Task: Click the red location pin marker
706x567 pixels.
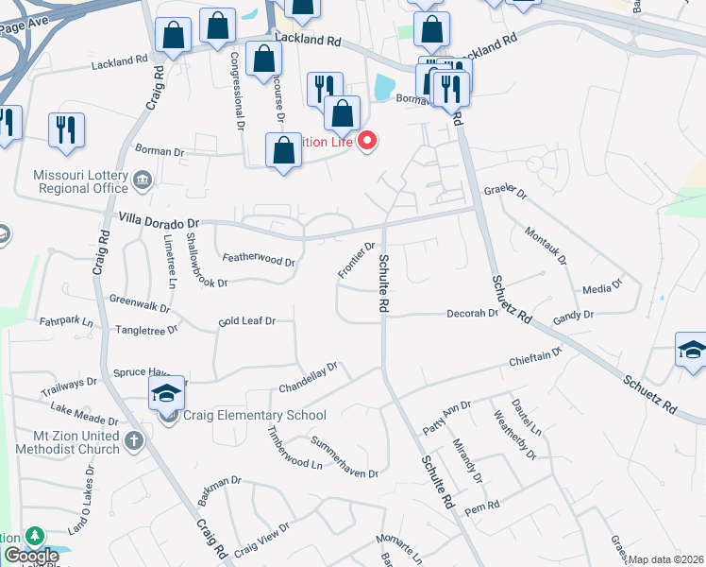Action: click(366, 142)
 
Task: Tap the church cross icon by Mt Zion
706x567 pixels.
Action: click(134, 440)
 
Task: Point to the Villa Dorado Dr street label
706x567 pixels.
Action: click(156, 219)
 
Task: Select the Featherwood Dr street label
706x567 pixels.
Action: click(258, 259)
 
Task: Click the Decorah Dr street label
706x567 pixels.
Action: click(472, 313)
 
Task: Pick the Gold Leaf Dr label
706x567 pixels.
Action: click(245, 321)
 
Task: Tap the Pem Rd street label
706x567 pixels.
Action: click(487, 507)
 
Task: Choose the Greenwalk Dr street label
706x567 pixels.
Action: click(139, 305)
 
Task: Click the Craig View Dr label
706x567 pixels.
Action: click(261, 539)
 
